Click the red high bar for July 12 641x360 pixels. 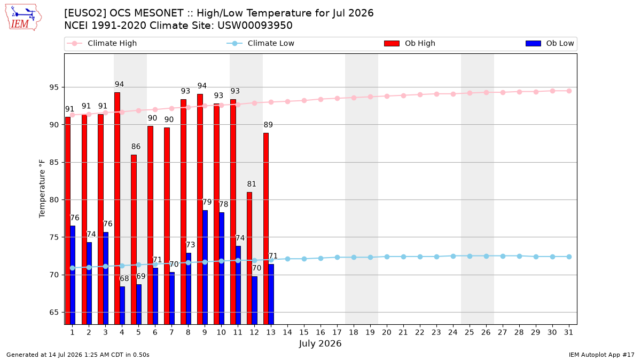tap(249, 258)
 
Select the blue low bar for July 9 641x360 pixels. tap(205, 267)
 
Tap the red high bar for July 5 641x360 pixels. tap(134, 239)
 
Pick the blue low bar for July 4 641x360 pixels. tap(122, 306)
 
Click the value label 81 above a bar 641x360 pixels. tap(252, 184)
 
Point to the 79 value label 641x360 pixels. tap(207, 202)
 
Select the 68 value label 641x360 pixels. tap(124, 278)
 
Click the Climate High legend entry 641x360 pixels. tap(101, 43)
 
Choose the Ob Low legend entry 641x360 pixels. tap(550, 43)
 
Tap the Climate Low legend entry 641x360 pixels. tap(261, 43)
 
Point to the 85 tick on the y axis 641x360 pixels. tap(54, 162)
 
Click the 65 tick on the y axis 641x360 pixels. tap(54, 313)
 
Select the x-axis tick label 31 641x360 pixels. tap(568, 333)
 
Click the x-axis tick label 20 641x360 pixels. tap(387, 333)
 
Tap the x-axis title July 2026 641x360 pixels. tap(320, 343)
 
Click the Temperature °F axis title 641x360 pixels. tap(42, 189)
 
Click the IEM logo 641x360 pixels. tap(24, 18)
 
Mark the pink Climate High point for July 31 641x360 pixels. tap(569, 91)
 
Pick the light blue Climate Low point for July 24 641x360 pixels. tap(454, 257)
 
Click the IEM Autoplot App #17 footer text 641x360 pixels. tap(601, 355)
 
